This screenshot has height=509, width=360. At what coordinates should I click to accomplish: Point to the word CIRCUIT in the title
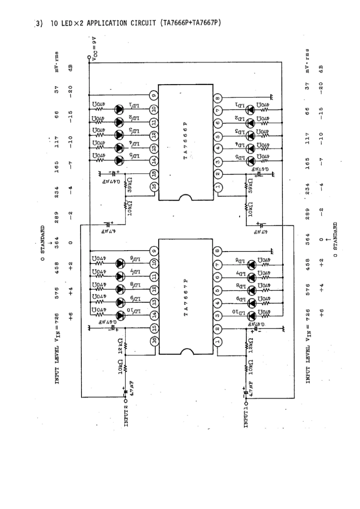144,23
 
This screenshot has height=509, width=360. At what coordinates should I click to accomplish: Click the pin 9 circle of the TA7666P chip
153,95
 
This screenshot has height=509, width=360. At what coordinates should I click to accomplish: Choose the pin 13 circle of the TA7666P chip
153,148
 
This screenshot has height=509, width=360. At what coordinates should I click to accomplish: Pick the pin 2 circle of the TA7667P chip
218,329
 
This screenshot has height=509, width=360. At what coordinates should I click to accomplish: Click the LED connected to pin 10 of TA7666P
120,109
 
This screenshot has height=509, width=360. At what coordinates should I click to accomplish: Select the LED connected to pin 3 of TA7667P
250,316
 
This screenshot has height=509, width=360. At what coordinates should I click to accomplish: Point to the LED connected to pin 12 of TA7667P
120,289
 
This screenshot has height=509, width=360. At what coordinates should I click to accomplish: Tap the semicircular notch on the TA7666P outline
185,198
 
